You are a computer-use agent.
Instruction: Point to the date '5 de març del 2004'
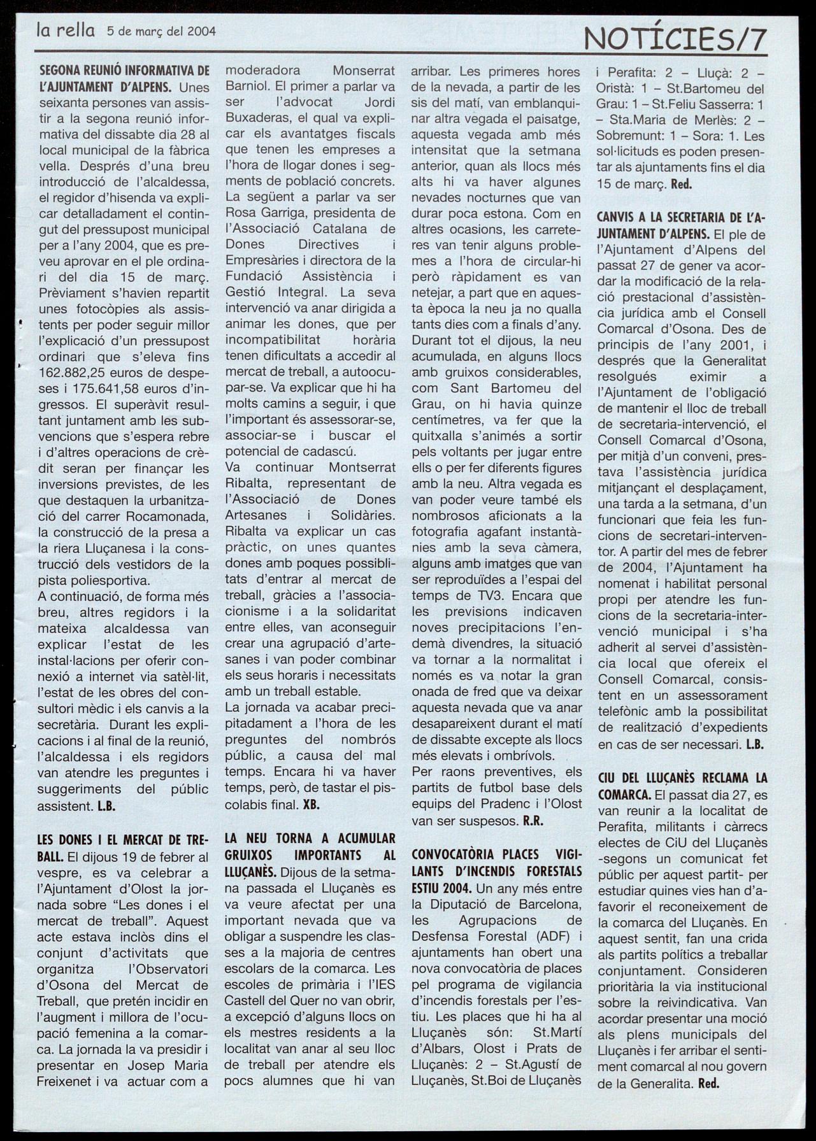[162, 31]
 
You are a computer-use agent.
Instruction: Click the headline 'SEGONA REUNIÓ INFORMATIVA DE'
[124, 71]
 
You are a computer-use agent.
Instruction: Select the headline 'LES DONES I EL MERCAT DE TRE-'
[124, 840]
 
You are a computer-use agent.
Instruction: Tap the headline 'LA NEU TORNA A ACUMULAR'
[310, 838]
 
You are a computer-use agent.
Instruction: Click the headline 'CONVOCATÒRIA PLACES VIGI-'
[497, 854]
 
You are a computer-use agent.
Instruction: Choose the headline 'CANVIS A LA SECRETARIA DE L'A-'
[682, 217]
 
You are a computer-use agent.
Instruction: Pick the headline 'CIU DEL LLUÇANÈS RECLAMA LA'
[682, 778]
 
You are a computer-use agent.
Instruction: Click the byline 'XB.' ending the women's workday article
[311, 804]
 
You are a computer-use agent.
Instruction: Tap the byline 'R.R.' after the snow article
[533, 821]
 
